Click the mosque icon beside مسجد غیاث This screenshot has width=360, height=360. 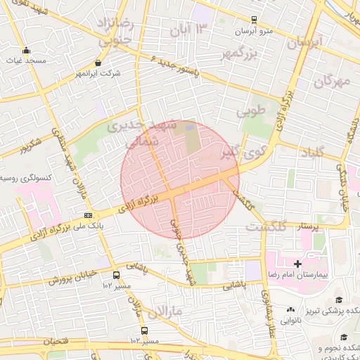tap(27, 50)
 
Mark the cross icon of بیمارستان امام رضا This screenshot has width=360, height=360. tap(298, 264)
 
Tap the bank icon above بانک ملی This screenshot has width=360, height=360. tap(88, 215)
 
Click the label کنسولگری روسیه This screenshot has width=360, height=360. tap(27, 179)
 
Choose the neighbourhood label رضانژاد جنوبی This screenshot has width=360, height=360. tap(116, 32)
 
